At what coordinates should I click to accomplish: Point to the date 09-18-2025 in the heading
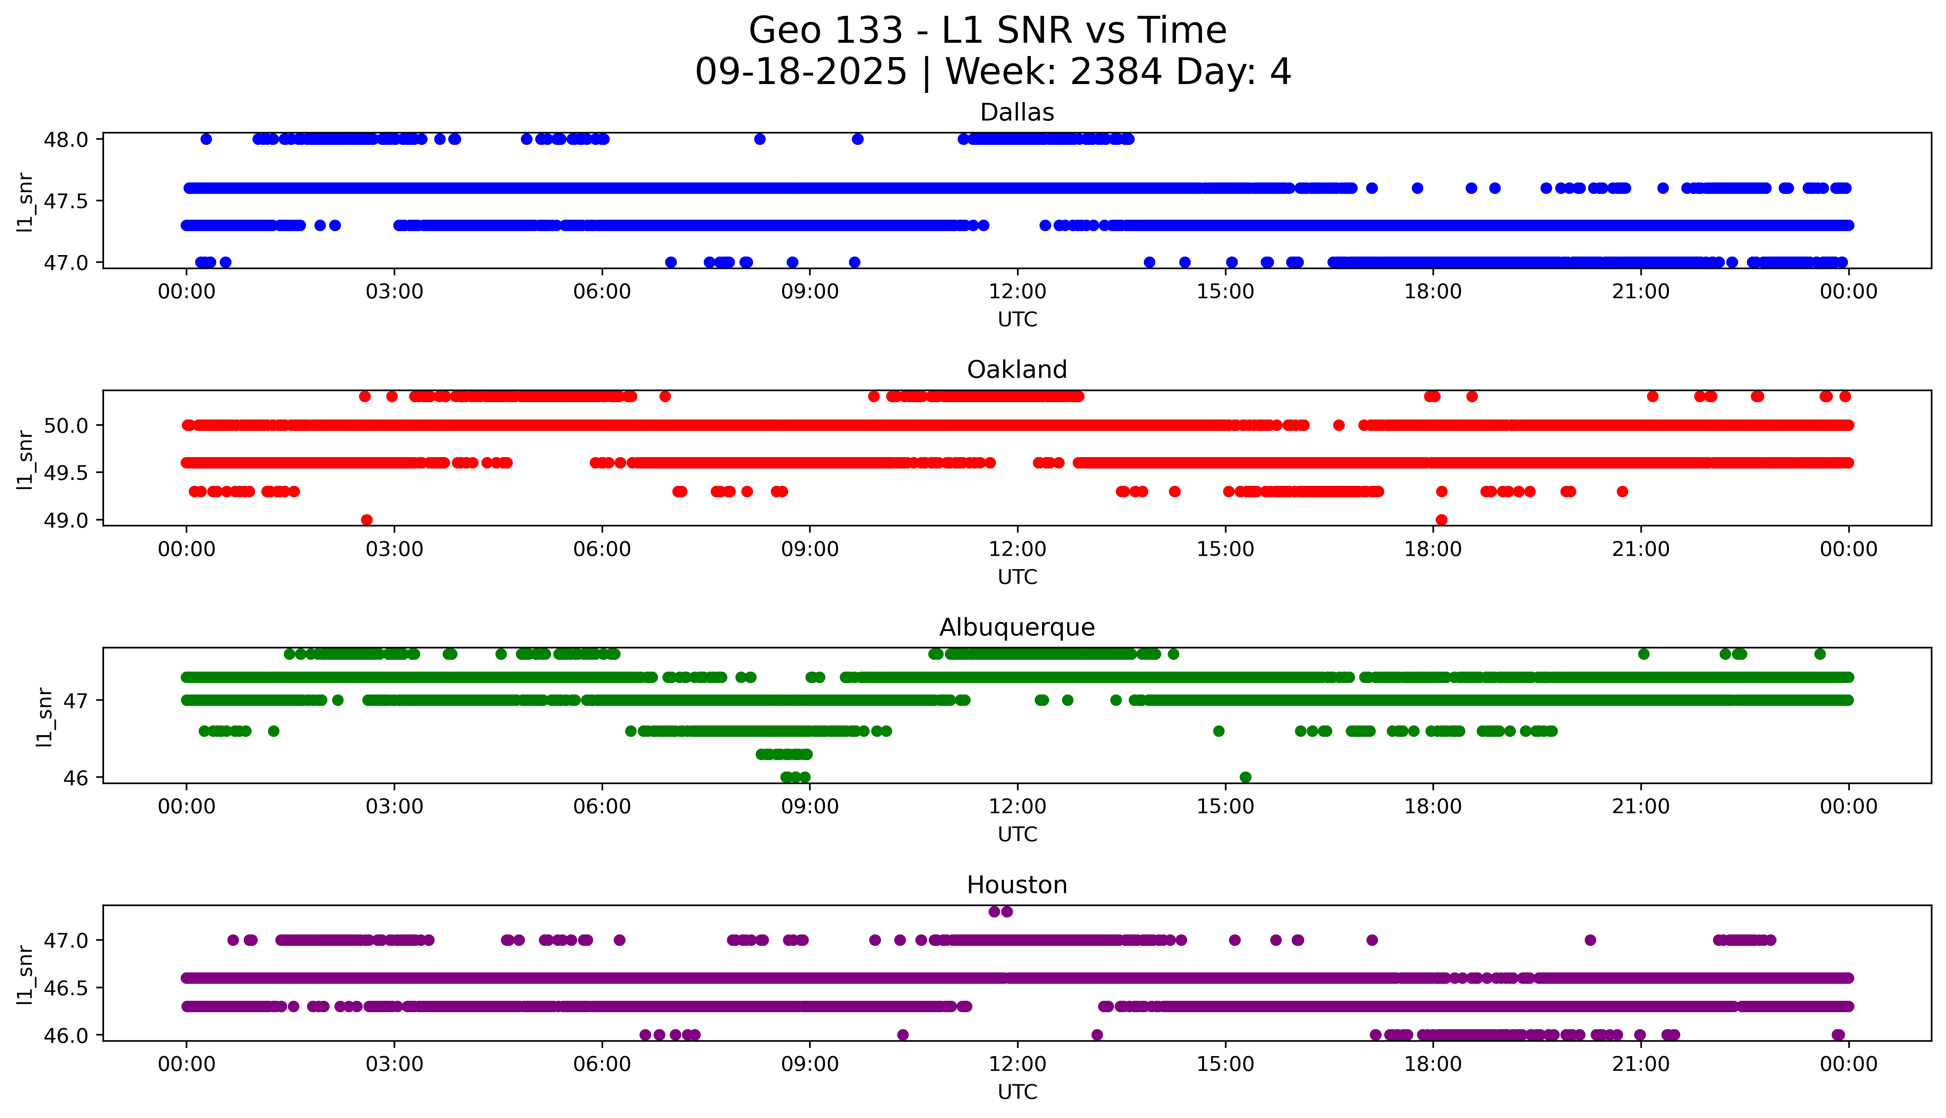tap(801, 72)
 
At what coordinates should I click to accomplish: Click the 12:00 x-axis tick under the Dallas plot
tap(1017, 292)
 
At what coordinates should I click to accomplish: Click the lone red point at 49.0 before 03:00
tap(367, 520)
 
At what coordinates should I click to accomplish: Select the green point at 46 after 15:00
tap(1245, 777)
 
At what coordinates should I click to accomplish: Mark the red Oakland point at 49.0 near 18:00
tap(1441, 520)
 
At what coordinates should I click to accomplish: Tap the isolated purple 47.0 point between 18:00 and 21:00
tap(1590, 940)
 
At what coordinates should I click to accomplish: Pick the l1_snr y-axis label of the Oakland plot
tap(25, 459)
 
